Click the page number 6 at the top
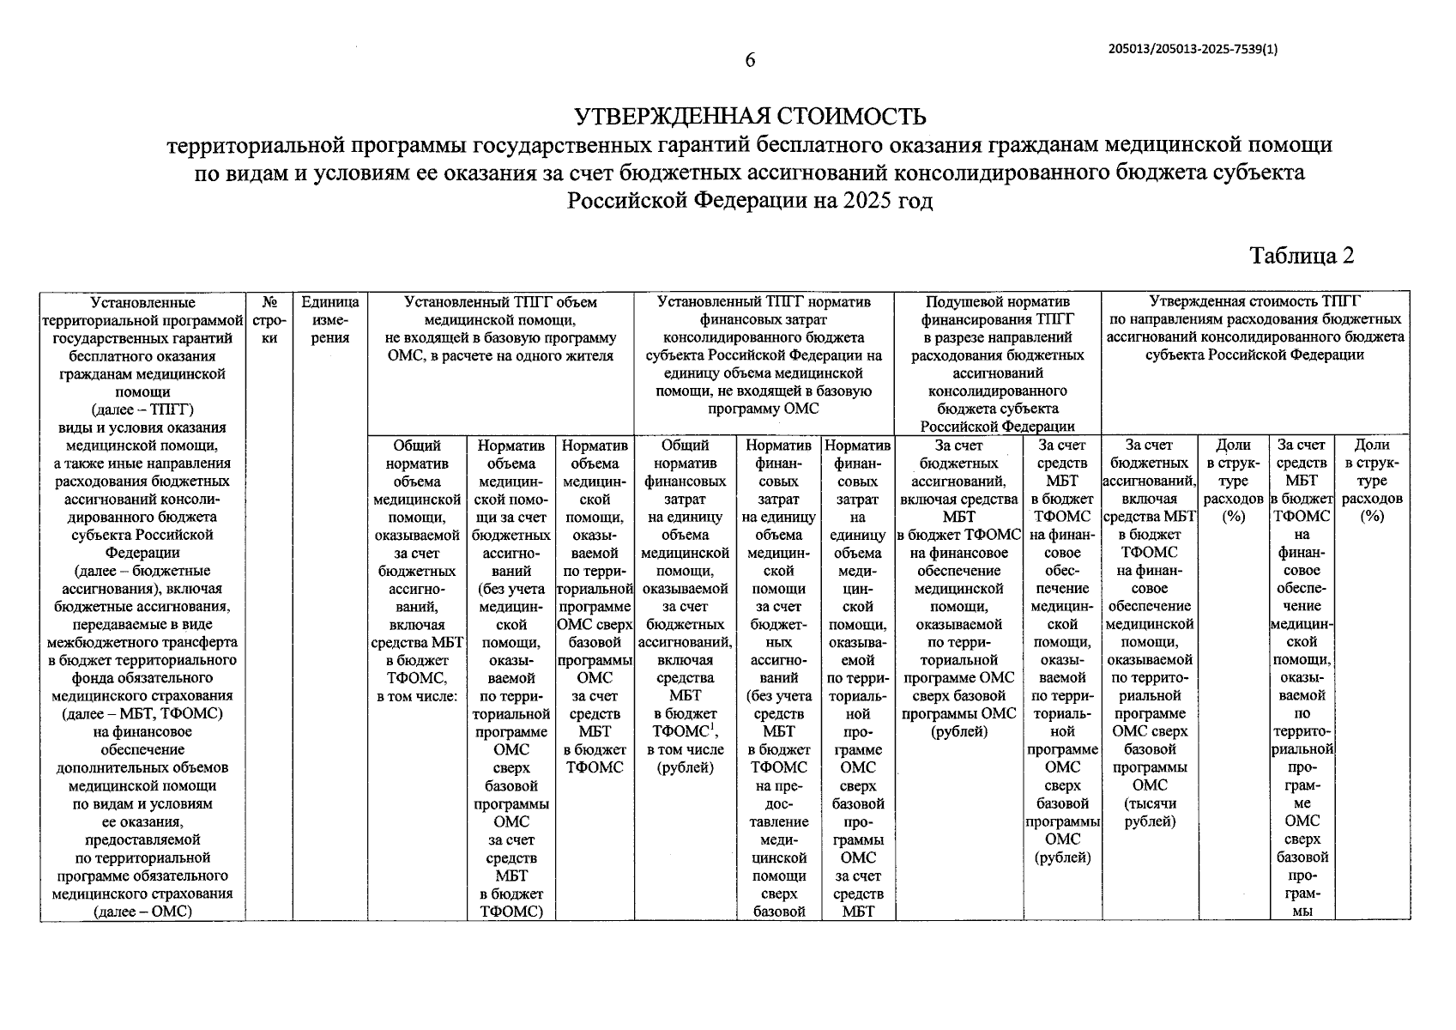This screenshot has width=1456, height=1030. [x=749, y=60]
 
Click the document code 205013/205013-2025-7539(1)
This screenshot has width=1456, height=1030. [x=1193, y=49]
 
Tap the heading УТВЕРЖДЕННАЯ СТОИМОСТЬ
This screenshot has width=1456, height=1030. [x=749, y=116]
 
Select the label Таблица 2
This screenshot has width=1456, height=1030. [x=1302, y=256]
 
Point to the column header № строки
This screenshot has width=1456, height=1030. [x=269, y=320]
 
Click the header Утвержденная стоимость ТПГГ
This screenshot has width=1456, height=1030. [x=1254, y=302]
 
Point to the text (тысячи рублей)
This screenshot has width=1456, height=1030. [x=1150, y=813]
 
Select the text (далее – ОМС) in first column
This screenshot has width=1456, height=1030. [x=142, y=912]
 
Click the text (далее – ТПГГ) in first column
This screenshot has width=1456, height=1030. [x=142, y=409]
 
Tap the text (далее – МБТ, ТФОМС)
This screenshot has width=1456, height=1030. [x=142, y=714]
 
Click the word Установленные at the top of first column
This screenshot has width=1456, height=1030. [x=142, y=302]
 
